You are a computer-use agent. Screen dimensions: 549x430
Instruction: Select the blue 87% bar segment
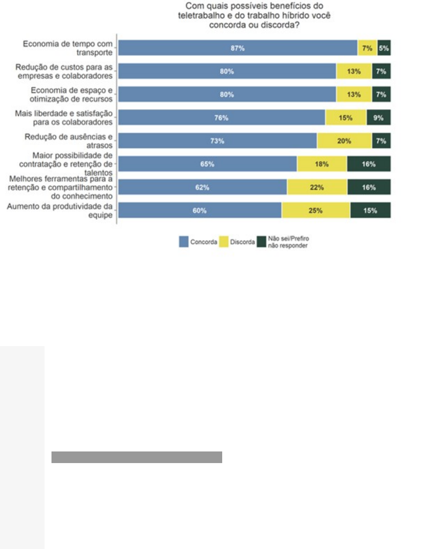click(237, 48)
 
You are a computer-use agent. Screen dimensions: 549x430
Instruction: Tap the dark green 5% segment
click(384, 48)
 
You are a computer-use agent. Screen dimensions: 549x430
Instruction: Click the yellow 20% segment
click(344, 141)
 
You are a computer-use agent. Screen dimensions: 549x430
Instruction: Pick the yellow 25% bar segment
click(315, 210)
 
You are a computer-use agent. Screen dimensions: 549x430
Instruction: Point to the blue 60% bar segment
click(199, 210)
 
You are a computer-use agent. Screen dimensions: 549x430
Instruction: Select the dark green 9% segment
click(379, 118)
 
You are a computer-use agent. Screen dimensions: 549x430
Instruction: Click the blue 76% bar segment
click(221, 118)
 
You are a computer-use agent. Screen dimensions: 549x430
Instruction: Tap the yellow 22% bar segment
click(317, 187)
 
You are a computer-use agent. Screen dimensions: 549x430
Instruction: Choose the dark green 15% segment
click(370, 210)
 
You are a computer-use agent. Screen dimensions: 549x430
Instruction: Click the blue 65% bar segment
click(207, 164)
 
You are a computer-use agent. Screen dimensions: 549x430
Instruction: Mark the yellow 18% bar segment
click(321, 164)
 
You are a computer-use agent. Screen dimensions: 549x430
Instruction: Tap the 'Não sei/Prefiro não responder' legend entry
click(283, 242)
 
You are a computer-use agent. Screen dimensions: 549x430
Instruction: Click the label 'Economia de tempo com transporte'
click(68, 48)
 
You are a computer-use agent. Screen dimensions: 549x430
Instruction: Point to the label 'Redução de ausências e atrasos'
click(68, 141)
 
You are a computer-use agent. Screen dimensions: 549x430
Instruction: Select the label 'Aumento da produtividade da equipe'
click(60, 210)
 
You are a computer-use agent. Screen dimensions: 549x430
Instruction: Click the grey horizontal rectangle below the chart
click(136, 457)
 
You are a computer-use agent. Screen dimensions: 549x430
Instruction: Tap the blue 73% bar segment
click(217, 141)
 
